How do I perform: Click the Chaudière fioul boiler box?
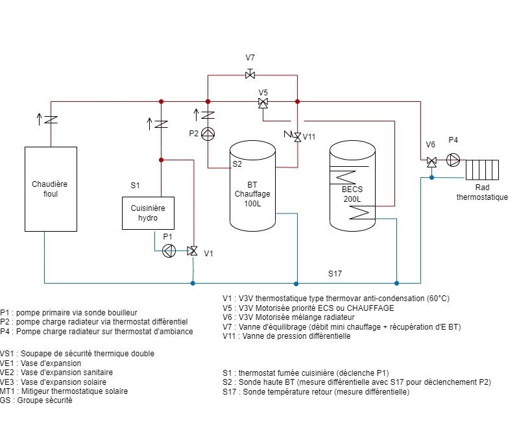pyautogui.click(x=51, y=188)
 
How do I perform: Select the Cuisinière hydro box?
pyautogui.click(x=149, y=213)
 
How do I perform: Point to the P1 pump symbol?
pyautogui.click(x=169, y=251)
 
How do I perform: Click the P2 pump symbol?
pyautogui.click(x=208, y=134)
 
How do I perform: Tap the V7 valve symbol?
pyautogui.click(x=250, y=75)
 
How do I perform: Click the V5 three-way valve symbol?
pyautogui.click(x=263, y=103)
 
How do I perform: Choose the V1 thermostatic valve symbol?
pyautogui.click(x=193, y=251)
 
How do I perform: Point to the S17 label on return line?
pyautogui.click(x=335, y=274)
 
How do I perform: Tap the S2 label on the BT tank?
pyautogui.click(x=237, y=164)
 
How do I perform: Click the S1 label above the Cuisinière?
pyautogui.click(x=135, y=186)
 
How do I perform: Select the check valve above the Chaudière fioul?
pyautogui.click(x=51, y=119)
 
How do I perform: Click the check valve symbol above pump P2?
pyautogui.click(x=208, y=116)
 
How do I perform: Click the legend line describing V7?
pyautogui.click(x=341, y=327)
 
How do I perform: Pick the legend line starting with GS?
pyautogui.click(x=36, y=400)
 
